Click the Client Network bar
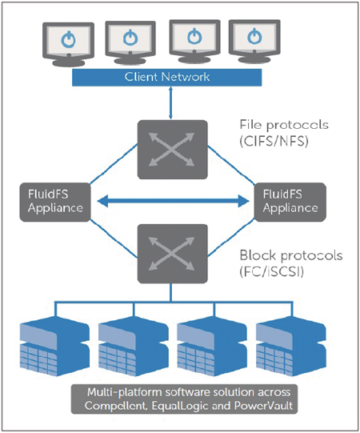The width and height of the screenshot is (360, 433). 166,78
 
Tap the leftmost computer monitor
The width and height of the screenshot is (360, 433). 69,44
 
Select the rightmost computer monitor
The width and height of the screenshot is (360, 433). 255,42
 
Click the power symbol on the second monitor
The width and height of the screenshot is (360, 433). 130,38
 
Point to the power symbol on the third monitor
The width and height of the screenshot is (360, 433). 194,36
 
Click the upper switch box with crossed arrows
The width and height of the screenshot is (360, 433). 173,150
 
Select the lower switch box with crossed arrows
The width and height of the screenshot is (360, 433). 173,254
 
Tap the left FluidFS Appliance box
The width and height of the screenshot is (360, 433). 55,202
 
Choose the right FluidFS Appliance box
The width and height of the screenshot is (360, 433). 290,202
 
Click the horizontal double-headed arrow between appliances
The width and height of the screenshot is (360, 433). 174,201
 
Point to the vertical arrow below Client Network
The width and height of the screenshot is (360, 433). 171,102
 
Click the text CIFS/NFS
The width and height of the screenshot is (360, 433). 274,142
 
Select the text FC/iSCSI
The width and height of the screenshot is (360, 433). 272,272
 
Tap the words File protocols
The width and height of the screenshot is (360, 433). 284,125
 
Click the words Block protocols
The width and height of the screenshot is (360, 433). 291,255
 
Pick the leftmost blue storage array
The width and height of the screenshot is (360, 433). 54,347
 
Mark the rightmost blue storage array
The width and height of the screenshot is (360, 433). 291,347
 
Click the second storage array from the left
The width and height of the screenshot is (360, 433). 134,347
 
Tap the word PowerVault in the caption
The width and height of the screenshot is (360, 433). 263,406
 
